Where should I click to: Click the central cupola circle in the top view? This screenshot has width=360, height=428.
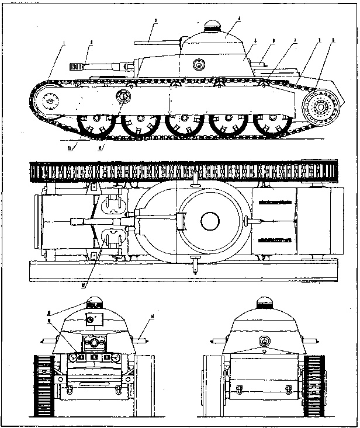click(209, 221)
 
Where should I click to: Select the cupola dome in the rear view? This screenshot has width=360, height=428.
click(264, 304)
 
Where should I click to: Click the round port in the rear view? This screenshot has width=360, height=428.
click(264, 342)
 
